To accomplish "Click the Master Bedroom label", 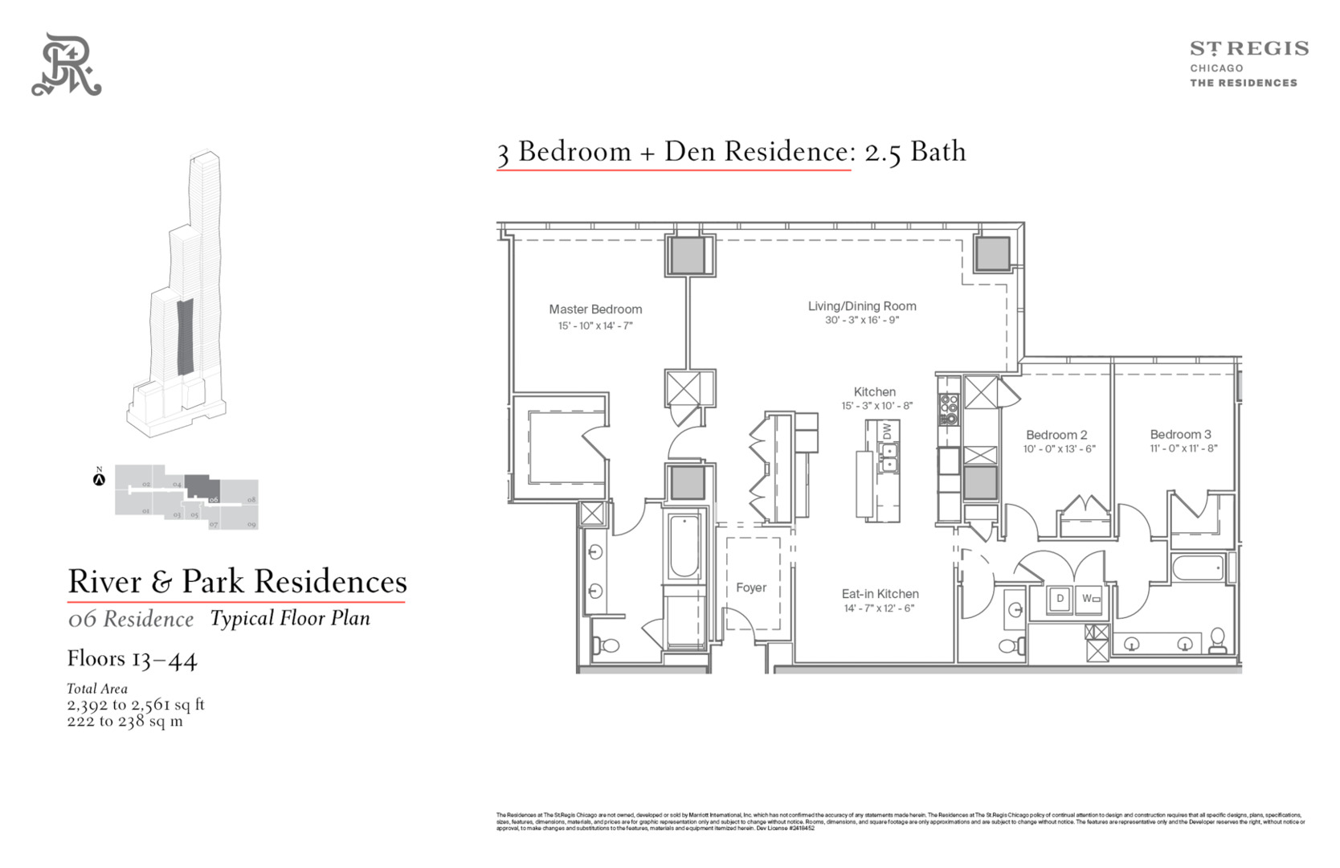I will tap(595, 309).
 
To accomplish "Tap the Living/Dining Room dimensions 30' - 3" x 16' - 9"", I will tap(862, 320).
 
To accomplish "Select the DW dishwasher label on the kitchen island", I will tap(887, 432).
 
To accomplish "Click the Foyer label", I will tap(751, 588).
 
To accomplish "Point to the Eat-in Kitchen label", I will tap(880, 594).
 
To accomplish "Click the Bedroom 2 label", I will tap(1056, 435).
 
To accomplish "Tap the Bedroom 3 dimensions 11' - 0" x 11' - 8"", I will tap(1183, 448).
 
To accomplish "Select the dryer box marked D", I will tap(1060, 599).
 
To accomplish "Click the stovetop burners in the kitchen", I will tap(949, 409).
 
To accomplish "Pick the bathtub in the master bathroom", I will tap(684, 547).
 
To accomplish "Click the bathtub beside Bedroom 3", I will tap(1197, 569).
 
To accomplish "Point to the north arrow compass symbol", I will tap(100, 480).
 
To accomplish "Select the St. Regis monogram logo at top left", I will tap(67, 65).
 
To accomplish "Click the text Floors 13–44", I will tap(133, 659).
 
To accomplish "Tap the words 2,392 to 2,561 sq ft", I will tap(136, 705).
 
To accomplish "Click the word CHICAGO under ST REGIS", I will tap(1216, 68).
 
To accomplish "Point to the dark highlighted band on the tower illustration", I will tap(185, 336).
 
